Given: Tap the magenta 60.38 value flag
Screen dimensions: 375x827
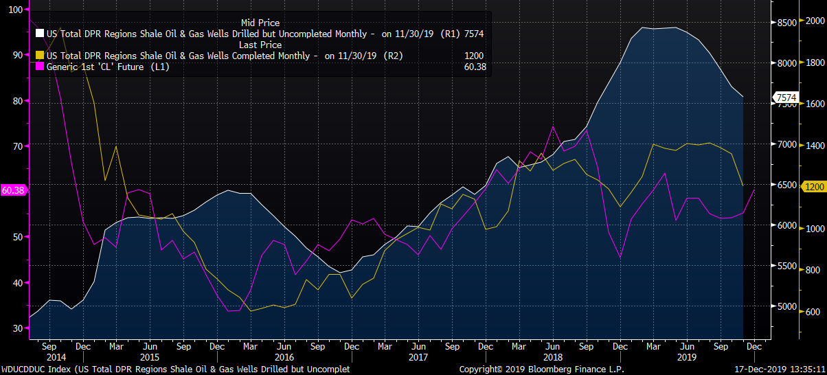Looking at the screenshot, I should (13, 190).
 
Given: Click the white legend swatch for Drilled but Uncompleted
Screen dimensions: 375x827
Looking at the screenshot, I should (39, 34).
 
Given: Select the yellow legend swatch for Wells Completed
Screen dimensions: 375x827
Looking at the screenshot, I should (39, 56).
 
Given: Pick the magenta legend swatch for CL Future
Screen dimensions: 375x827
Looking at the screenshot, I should (39, 67).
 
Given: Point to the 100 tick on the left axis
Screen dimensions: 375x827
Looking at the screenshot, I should (16, 10).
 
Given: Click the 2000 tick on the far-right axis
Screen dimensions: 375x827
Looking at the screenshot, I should (815, 22).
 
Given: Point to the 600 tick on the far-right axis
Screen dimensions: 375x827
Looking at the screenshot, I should (813, 311).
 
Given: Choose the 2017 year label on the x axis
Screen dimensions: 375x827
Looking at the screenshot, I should (418, 357).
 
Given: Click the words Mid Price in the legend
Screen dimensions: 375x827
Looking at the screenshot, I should (260, 23).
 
